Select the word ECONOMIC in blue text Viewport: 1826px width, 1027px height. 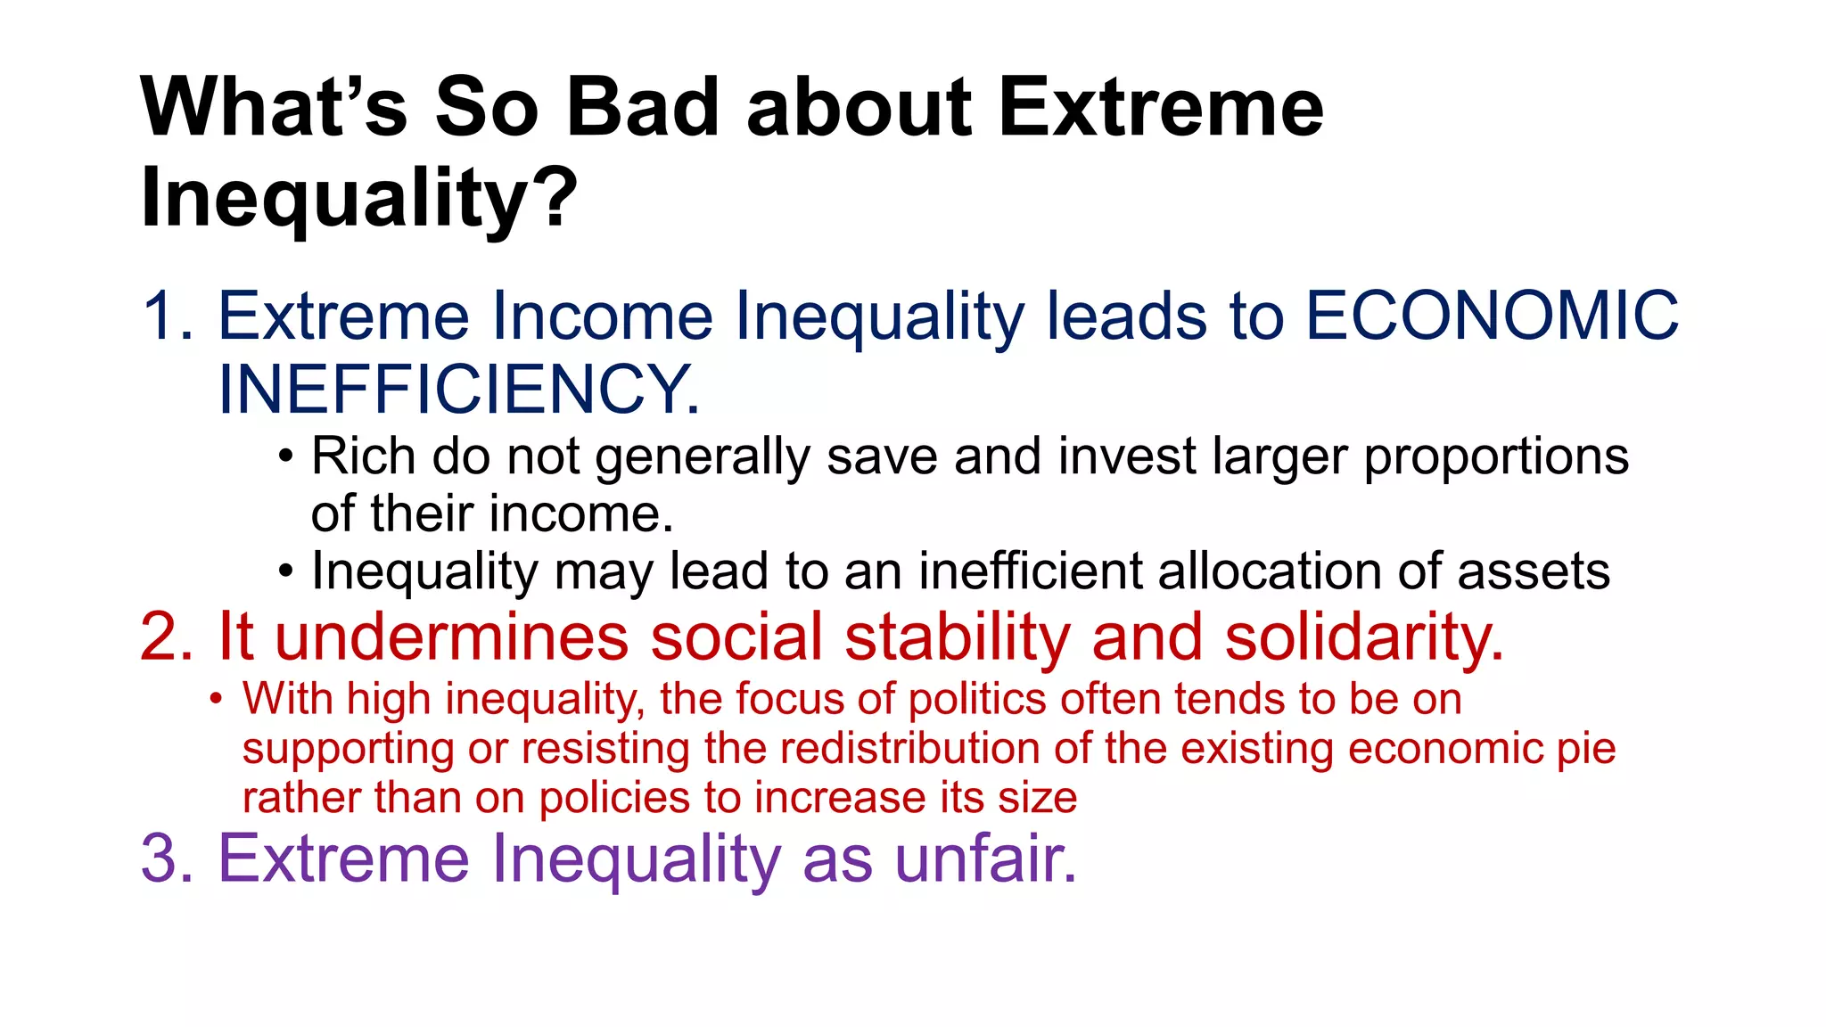1492,316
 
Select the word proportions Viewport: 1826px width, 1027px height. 1496,458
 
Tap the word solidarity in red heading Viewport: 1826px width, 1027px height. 1363,637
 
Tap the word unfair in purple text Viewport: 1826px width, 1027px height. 984,859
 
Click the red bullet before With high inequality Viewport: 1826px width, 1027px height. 216,699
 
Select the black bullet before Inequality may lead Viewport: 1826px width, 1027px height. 284,571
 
